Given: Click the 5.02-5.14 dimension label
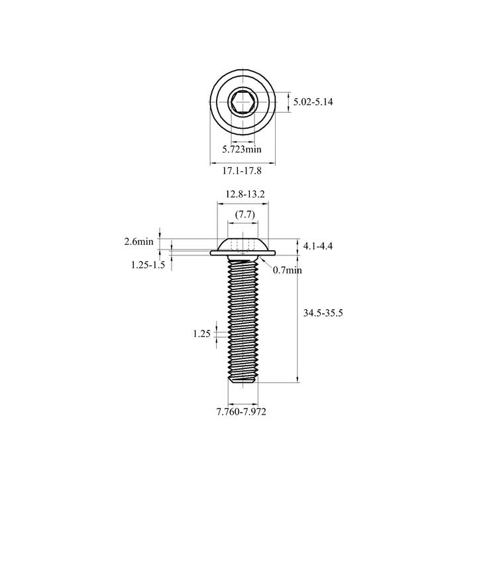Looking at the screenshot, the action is (313, 102).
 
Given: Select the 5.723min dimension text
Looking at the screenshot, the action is (242, 149).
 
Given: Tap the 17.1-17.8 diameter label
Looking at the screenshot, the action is (242, 171).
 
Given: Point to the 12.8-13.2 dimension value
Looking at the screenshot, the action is (245, 194).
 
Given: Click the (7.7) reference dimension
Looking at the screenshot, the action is (245, 214).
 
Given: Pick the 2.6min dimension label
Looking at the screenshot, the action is (139, 242).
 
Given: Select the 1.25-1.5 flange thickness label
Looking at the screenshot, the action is (148, 265).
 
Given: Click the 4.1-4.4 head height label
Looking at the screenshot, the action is (318, 246).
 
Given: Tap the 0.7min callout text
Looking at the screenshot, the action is (287, 270).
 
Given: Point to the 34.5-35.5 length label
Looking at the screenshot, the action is (323, 313).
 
